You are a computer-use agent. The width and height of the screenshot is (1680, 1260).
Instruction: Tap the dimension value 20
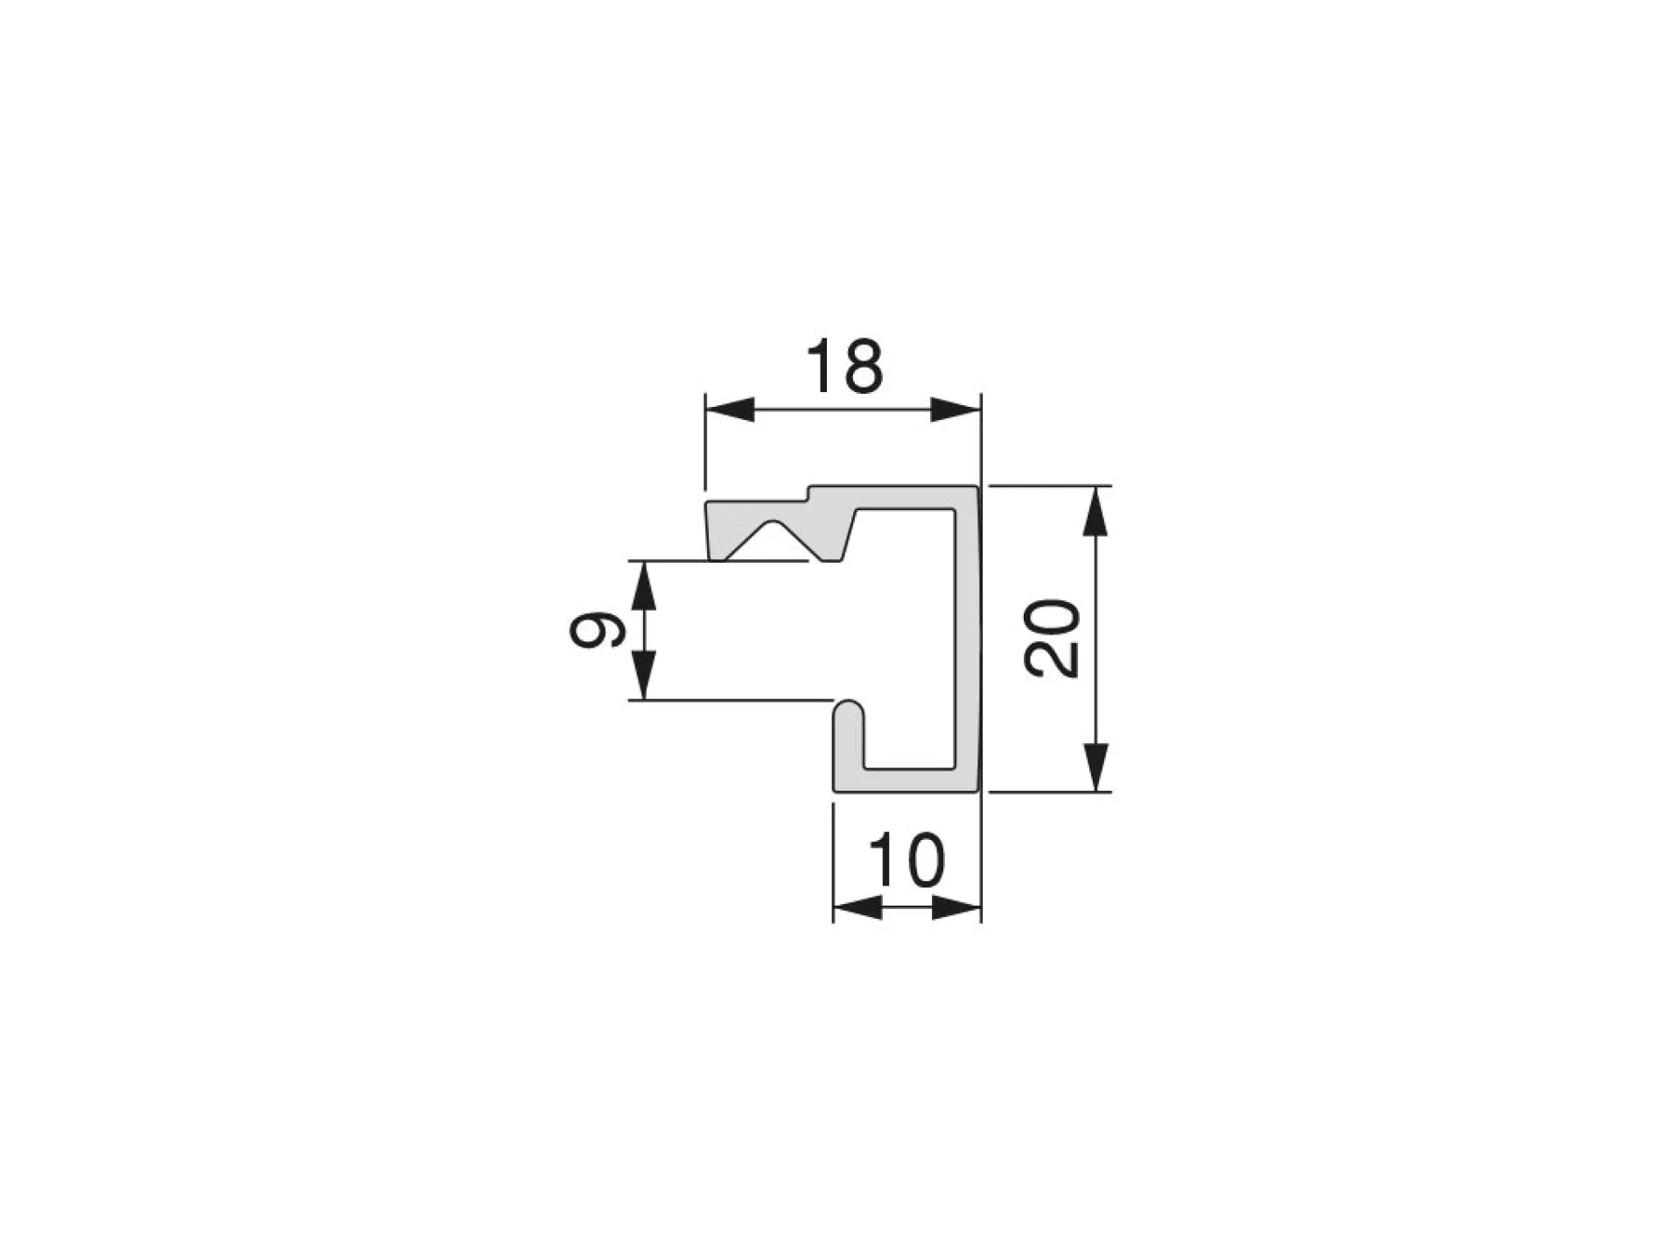1052,638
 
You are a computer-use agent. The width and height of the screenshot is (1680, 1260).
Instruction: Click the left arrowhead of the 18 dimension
730,409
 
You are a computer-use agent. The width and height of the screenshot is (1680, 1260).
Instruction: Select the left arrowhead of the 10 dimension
857,907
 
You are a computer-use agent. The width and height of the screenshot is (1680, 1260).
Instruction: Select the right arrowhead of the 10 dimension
956,907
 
